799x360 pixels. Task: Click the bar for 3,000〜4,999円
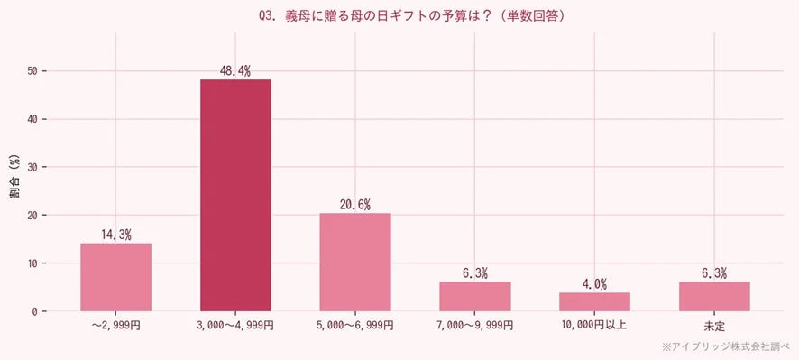[x=235, y=195]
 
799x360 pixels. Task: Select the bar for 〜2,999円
[x=115, y=277]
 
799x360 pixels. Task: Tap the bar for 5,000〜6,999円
[x=354, y=262]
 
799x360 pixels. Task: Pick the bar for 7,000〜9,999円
[x=474, y=297]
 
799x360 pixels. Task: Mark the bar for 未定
[x=714, y=297]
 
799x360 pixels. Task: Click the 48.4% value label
[x=235, y=70]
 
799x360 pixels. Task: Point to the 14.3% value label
[x=115, y=235]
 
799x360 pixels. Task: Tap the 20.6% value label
[x=354, y=204]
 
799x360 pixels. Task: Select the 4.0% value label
[x=594, y=283]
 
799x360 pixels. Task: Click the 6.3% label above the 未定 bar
[x=714, y=272]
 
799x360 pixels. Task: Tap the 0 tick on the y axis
[x=34, y=312]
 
